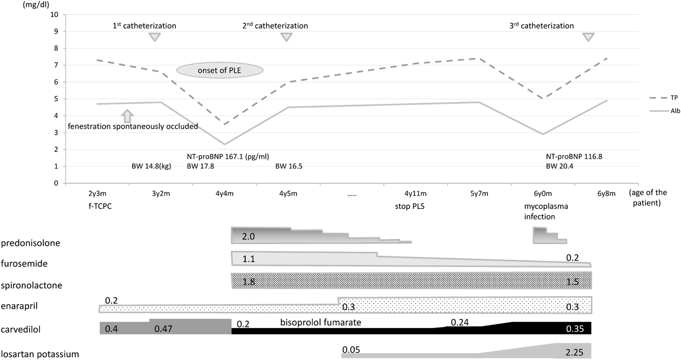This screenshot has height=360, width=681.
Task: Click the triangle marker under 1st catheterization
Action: (x=154, y=37)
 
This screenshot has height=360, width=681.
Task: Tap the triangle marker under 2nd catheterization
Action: (x=286, y=37)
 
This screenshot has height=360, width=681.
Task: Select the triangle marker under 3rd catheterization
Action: (x=588, y=37)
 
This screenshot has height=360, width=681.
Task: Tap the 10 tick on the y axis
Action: (x=55, y=14)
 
